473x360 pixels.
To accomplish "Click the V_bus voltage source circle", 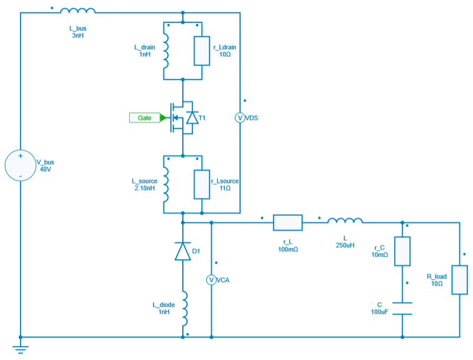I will click(20, 166).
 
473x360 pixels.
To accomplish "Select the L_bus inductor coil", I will click(78, 11).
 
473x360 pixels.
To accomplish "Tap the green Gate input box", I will click(144, 118).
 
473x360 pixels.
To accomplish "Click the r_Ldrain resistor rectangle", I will click(202, 51).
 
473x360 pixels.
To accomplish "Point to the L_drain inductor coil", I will click(166, 51).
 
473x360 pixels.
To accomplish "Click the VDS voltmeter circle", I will click(240, 118).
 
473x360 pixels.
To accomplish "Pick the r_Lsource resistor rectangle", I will click(202, 184).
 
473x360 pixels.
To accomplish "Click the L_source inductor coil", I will click(166, 184).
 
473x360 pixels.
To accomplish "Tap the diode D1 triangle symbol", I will click(183, 251).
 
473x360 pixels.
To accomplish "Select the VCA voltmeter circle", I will click(211, 280).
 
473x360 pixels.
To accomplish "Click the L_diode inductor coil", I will click(184, 308).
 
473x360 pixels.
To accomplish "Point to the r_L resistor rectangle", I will click(288, 222).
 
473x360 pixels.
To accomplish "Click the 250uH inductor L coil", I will click(345, 222).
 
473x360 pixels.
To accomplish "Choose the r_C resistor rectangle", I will click(402, 251).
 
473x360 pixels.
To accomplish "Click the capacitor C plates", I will click(402, 308).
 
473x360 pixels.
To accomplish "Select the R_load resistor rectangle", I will click(459, 280).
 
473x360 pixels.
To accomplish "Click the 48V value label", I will click(46, 169).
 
